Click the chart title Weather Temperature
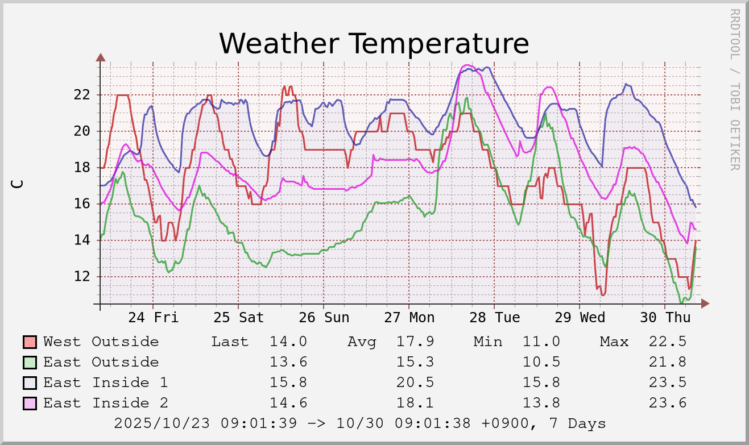[374, 44]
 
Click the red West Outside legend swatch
[30, 342]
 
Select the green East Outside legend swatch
[30, 363]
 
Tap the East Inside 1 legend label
[105, 382]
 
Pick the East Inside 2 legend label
[105, 403]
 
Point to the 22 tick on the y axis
[82, 94]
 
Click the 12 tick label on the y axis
[82, 277]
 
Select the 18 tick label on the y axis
[82, 168]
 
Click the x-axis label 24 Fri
[153, 317]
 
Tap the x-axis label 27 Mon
[409, 317]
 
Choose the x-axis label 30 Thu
[665, 317]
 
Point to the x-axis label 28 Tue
[494, 317]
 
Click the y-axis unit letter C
[18, 184]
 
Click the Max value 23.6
[667, 403]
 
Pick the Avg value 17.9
[415, 342]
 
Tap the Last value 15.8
[288, 382]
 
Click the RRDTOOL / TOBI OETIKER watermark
[734, 89]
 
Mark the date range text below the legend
[359, 423]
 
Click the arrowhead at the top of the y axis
[101, 57]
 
